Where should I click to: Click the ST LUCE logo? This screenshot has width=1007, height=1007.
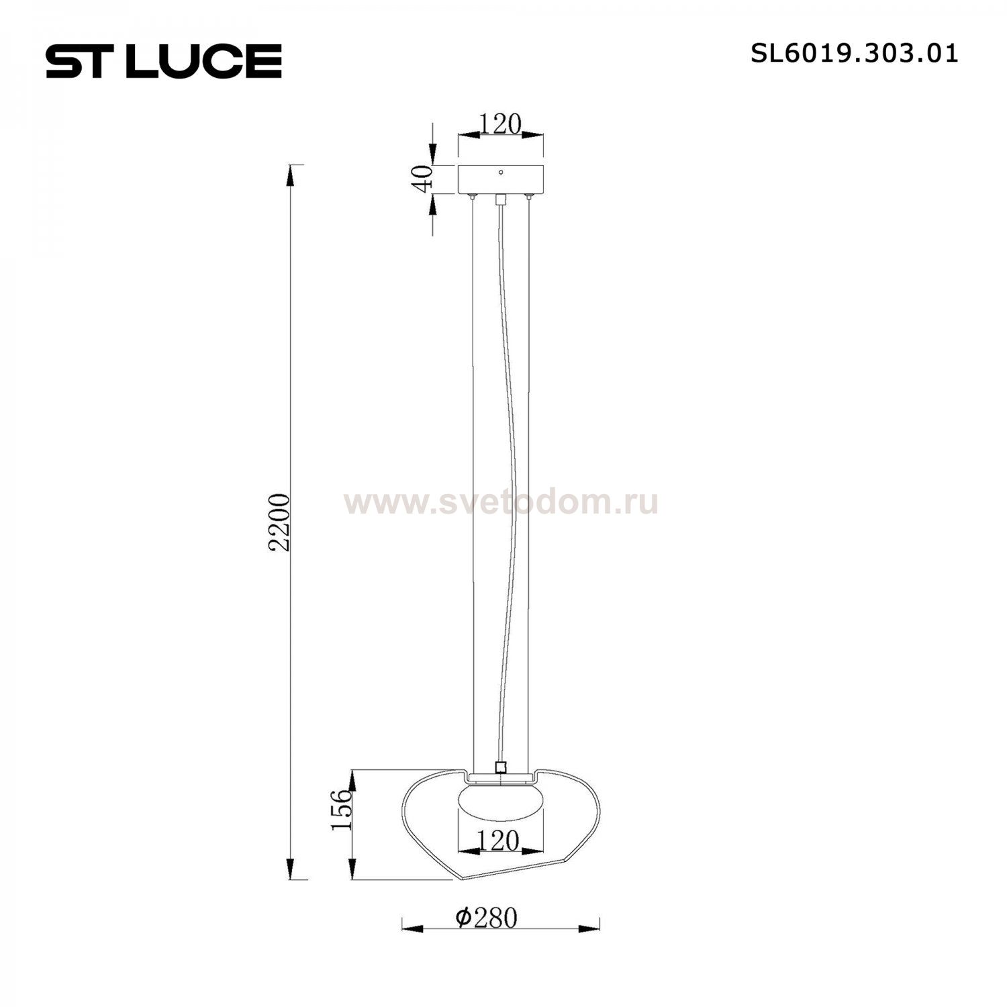[164, 61]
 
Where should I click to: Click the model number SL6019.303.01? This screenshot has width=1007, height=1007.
[854, 54]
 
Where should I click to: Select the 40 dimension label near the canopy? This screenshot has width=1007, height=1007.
[422, 179]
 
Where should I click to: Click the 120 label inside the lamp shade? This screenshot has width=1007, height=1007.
[499, 841]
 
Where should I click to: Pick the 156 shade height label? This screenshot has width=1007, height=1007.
[342, 810]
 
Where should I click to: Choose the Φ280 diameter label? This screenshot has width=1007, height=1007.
[486, 918]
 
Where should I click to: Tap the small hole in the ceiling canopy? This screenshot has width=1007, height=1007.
[500, 173]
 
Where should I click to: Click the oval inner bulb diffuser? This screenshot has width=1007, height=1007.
[500, 803]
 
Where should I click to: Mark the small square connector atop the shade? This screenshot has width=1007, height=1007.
[499, 767]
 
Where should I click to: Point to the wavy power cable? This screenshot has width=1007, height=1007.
[507, 470]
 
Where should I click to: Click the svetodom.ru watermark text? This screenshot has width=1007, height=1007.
[501, 502]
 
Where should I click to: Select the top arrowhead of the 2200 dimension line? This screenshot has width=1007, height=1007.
[290, 176]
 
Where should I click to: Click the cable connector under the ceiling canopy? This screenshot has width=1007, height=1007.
[499, 199]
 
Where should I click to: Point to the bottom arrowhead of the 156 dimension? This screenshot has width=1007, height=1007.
[351, 869]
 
